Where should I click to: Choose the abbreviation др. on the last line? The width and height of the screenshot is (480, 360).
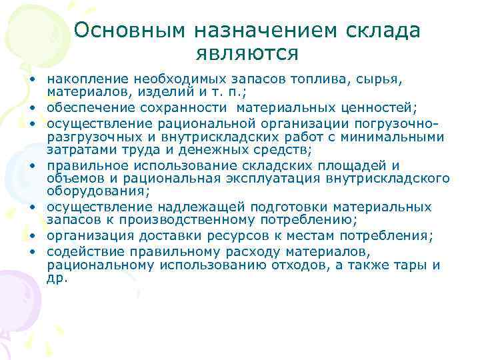tap(57, 279)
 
